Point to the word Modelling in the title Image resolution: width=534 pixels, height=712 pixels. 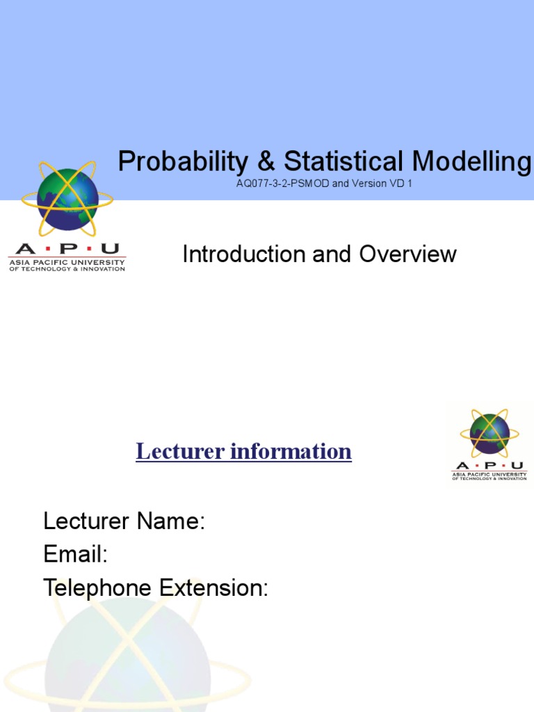tap(471, 162)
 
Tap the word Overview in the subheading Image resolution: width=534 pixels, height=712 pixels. tap(408, 254)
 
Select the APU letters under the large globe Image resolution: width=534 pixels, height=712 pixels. tap(67, 249)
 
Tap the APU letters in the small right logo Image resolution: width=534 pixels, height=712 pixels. tap(489, 466)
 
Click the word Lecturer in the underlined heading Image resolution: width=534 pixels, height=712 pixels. tap(179, 451)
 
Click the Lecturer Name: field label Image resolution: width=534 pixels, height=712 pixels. tap(124, 521)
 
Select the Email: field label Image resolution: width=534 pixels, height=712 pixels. tap(75, 554)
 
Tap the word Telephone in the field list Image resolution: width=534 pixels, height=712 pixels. tap(97, 588)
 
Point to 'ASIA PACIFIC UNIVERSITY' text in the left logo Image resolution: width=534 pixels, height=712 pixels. tap(67, 262)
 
